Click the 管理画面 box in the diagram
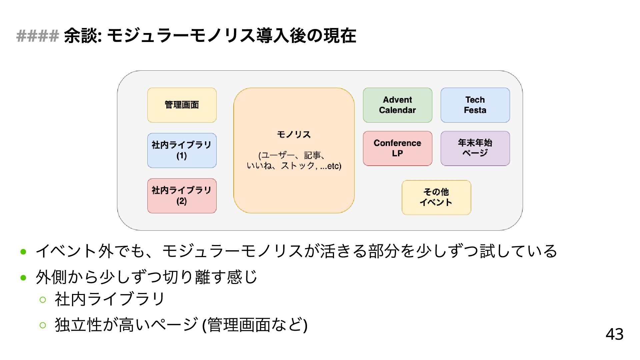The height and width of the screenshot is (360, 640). (182, 105)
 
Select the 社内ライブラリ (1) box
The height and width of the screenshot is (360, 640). (182, 150)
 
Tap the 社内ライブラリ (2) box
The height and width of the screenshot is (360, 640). (182, 196)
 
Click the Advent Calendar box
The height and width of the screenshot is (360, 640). (397, 105)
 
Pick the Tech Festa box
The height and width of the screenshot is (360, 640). (475, 105)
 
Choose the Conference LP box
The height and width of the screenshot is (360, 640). (397, 148)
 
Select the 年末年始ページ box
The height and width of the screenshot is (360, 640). (475, 148)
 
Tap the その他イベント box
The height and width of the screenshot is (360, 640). (436, 197)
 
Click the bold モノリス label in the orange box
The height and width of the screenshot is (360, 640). (294, 134)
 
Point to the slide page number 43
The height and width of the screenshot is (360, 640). (614, 334)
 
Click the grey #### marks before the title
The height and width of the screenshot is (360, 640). (37, 36)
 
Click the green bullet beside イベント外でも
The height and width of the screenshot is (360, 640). (23, 252)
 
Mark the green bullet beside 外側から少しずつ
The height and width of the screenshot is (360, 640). (23, 277)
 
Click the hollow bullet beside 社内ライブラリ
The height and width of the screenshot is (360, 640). (43, 299)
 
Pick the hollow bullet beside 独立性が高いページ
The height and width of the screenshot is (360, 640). (43, 325)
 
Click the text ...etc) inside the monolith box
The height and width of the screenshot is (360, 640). (331, 166)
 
